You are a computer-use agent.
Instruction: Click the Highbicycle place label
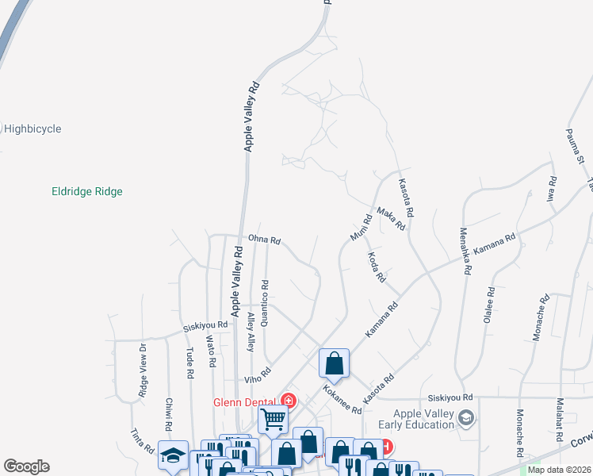(x=33, y=129)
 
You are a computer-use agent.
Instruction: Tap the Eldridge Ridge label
(x=87, y=191)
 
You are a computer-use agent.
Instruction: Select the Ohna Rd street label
(x=265, y=239)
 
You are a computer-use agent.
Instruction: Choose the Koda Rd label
(x=377, y=268)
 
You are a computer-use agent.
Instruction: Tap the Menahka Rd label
(x=465, y=251)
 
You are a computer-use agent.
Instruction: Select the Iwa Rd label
(x=553, y=190)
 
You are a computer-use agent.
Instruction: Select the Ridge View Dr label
(x=143, y=370)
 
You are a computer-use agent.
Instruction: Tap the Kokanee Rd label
(x=342, y=400)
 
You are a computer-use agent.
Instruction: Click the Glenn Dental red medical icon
(x=289, y=401)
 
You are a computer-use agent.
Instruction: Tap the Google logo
(x=26, y=466)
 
